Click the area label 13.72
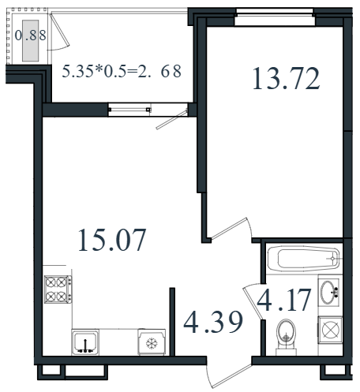[x=286, y=78]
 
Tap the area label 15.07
[x=112, y=240]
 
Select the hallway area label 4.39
[x=213, y=322]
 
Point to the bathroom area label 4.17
[x=284, y=300]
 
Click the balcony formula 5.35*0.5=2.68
[x=122, y=71]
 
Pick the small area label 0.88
[x=31, y=35]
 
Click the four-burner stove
[x=58, y=289]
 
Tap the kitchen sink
[x=85, y=342]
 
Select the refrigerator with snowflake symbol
[x=152, y=342]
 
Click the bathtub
[x=304, y=259]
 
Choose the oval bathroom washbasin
[x=328, y=292]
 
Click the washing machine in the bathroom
[x=330, y=330]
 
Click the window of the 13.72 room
[x=275, y=17]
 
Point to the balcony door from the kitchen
[x=171, y=120]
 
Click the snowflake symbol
[x=152, y=344]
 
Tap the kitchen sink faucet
[x=85, y=346]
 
